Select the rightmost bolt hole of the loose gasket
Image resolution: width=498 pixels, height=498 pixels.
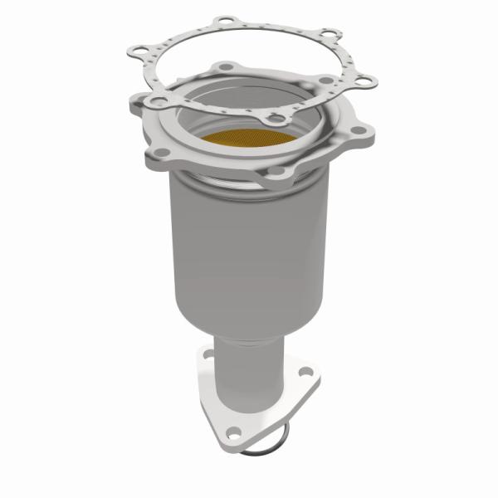tap(364, 81)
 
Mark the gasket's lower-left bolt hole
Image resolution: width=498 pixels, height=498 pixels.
tap(153, 100)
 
